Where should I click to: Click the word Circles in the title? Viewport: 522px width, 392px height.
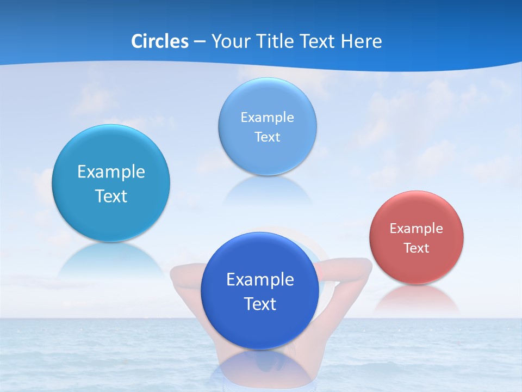pos(160,41)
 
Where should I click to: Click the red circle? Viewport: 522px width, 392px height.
pos(417,237)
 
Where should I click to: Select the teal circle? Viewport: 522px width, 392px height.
pos(111,183)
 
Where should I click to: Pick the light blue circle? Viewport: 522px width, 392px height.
pos(267,126)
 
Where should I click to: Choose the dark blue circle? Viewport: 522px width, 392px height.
pos(260,290)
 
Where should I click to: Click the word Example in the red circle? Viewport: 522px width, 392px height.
pos(417,229)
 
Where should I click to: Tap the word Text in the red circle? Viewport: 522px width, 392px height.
pos(417,248)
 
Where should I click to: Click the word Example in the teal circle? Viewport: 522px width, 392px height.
pos(111,172)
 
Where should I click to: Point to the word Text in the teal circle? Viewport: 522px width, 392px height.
pos(111,196)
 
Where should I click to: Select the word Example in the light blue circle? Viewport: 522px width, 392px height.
pos(267,117)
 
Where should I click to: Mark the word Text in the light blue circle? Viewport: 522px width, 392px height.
pos(267,137)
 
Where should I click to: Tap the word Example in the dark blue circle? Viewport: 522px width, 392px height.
pos(260,280)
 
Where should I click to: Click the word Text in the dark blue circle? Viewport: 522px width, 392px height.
pos(260,304)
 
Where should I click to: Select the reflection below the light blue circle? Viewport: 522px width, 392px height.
pos(267,189)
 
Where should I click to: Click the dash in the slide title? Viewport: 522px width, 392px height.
pos(200,41)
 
